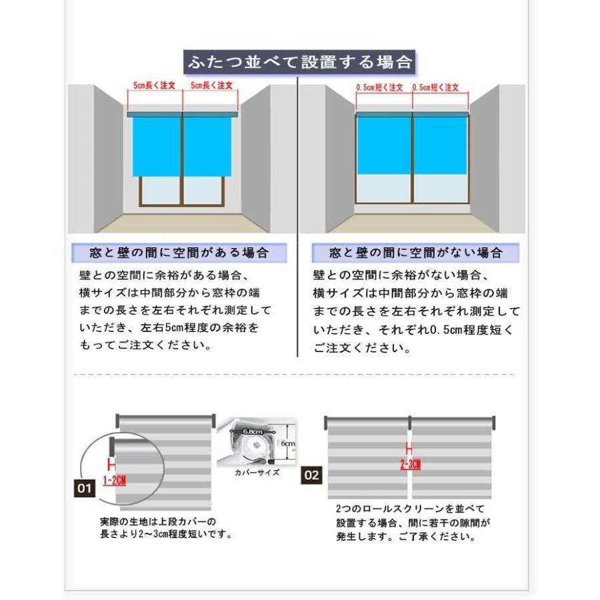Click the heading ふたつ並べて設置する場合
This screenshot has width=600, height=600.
pos(299,63)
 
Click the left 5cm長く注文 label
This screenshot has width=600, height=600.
pos(153,86)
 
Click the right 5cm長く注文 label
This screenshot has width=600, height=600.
pos(211,86)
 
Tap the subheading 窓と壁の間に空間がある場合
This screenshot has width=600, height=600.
pos(179,253)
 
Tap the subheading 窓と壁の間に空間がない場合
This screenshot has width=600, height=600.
pos(416,253)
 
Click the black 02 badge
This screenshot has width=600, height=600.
pos(312,475)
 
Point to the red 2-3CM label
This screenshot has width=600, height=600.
pos(410,465)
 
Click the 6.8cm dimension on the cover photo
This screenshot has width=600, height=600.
pos(251,432)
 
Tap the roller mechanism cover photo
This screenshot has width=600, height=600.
pos(257,441)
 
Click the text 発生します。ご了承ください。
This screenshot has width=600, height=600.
pos(406,537)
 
